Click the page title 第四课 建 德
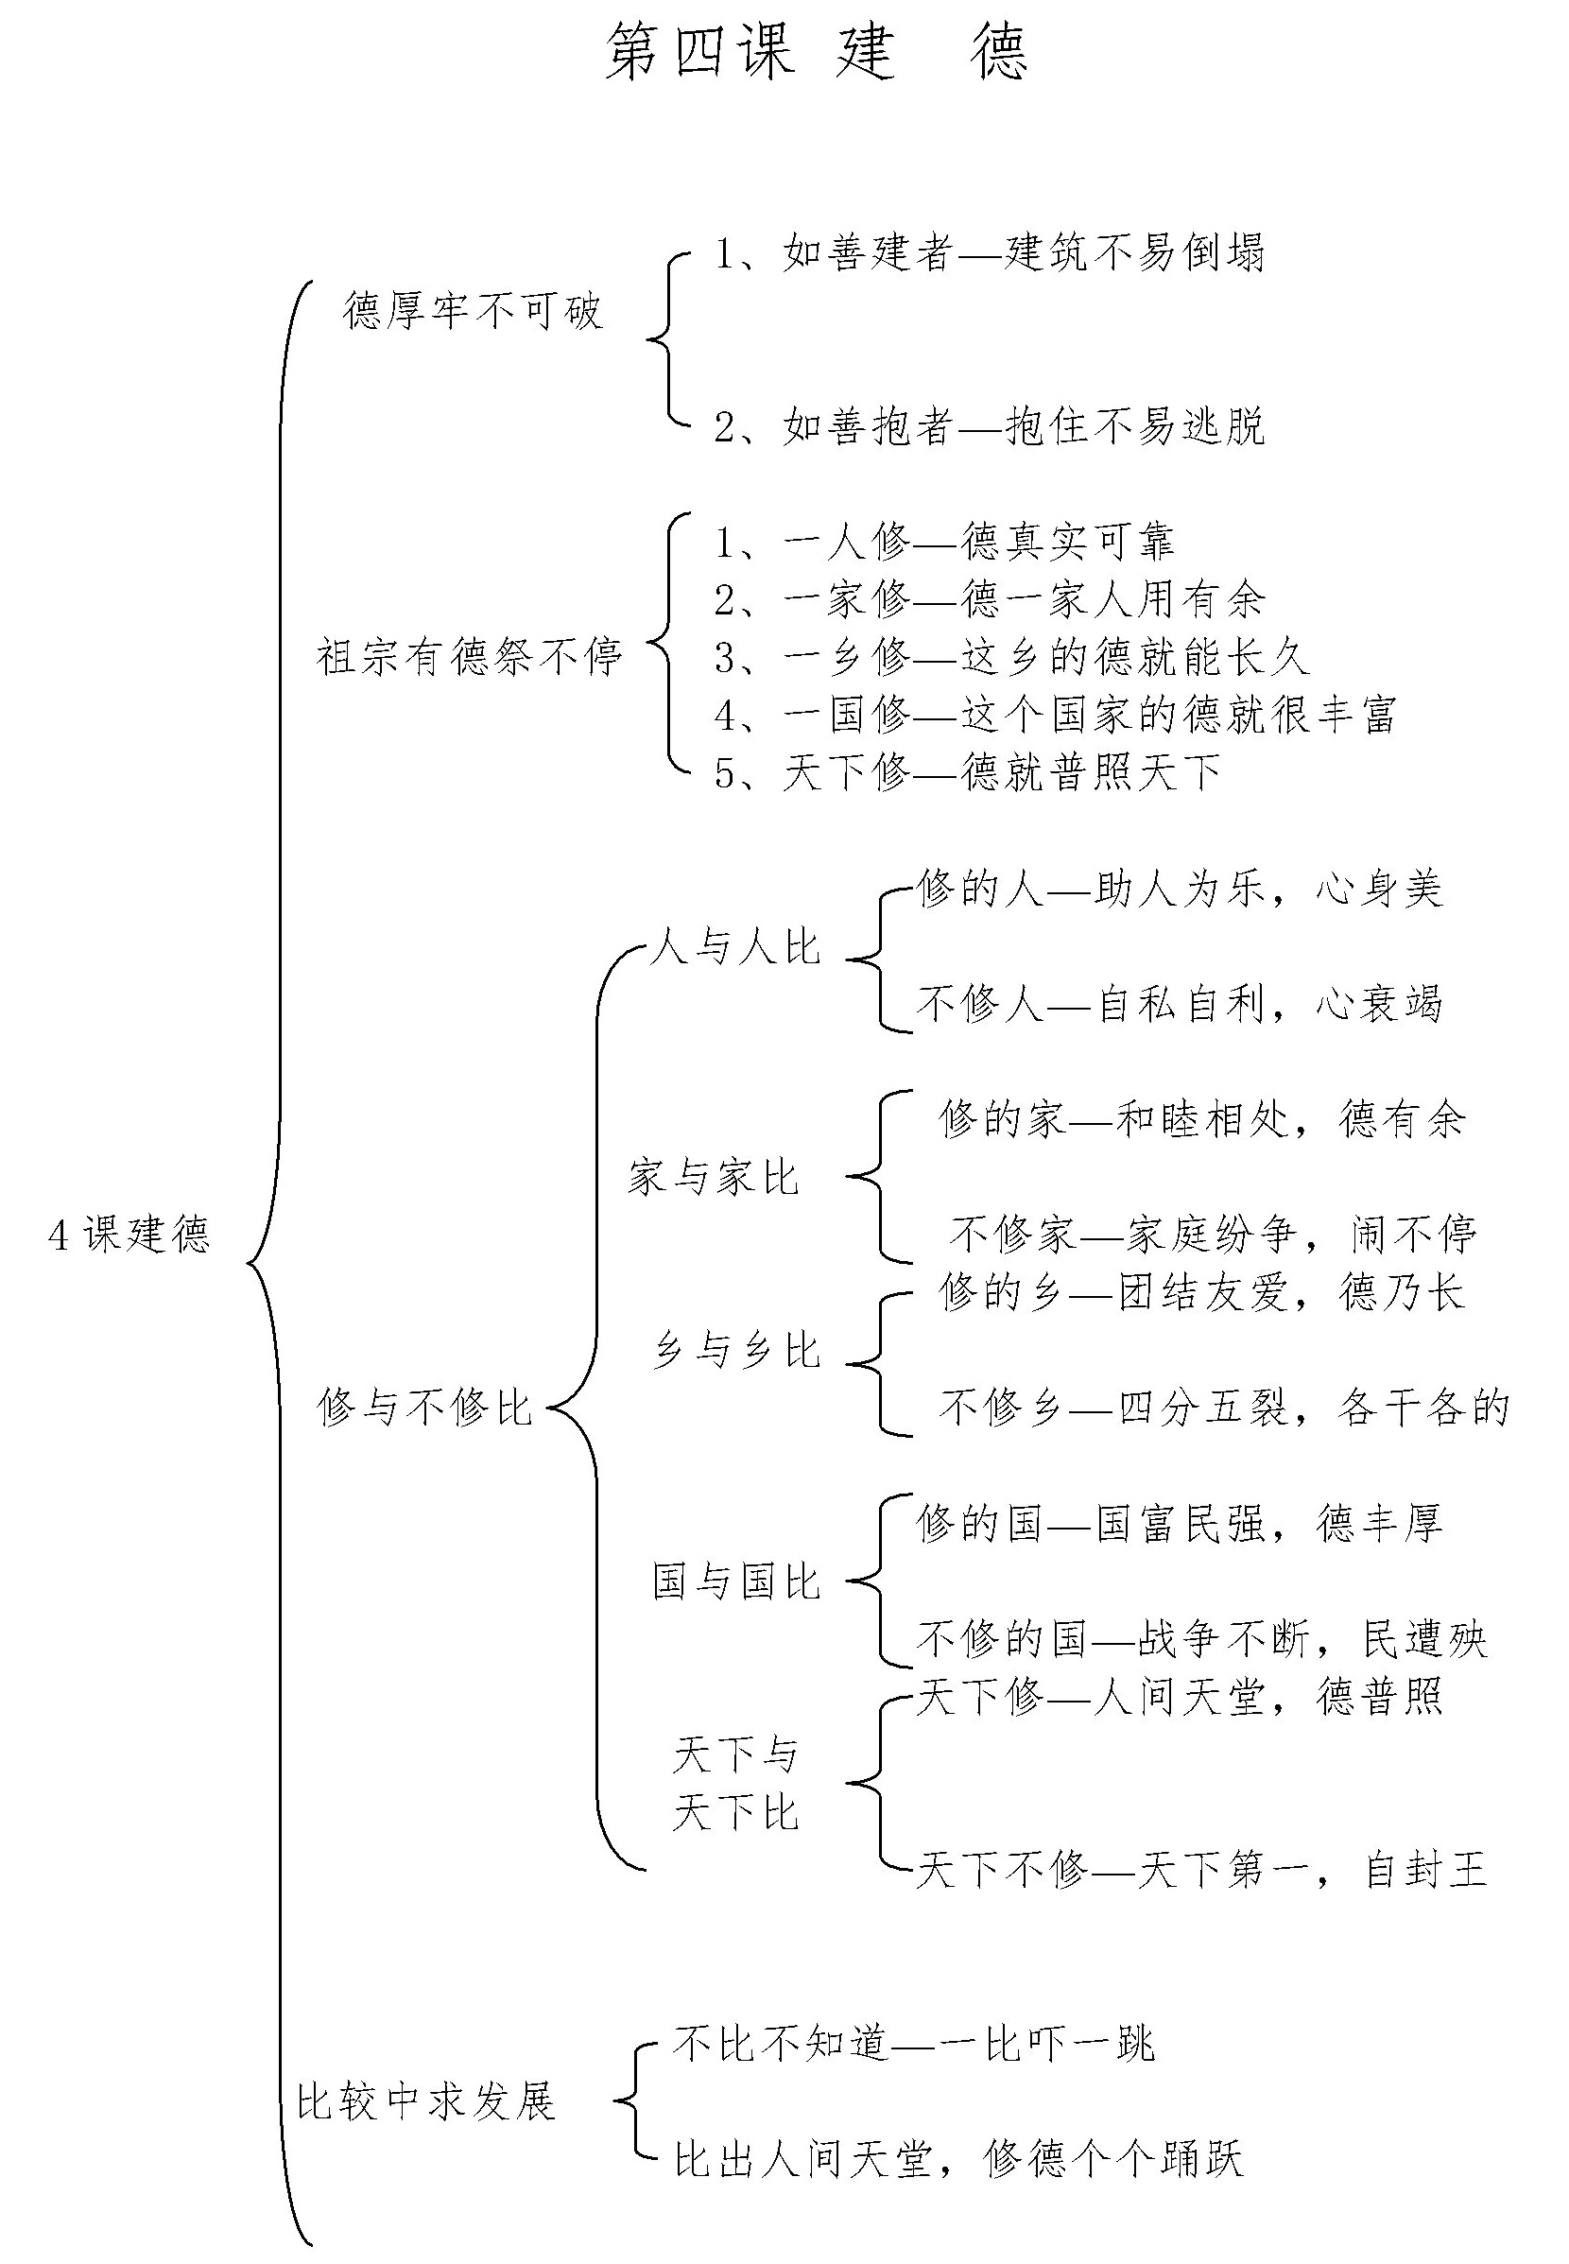click(816, 52)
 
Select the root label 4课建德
click(129, 1235)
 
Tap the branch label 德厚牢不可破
click(473, 311)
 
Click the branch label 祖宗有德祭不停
click(470, 656)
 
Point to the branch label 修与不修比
click(424, 1407)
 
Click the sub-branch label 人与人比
click(735, 946)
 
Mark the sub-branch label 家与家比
click(714, 1177)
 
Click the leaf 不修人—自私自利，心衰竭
click(1180, 1004)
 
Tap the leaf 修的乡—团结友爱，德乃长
click(1202, 1291)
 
